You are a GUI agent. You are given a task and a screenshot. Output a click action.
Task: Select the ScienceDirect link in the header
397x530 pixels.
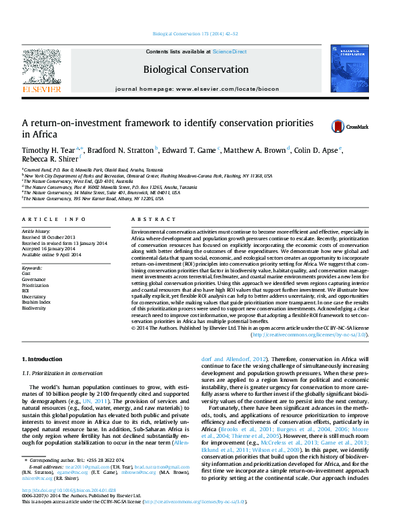click(x=230, y=51)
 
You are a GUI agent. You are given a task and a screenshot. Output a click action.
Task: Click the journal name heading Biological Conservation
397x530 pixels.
click(x=195, y=69)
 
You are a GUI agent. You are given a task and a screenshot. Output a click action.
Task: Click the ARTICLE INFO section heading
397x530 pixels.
click(x=54, y=219)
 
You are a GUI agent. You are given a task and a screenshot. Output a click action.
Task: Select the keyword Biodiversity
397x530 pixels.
click(x=34, y=308)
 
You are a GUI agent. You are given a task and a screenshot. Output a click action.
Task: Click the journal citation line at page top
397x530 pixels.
click(x=198, y=33)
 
